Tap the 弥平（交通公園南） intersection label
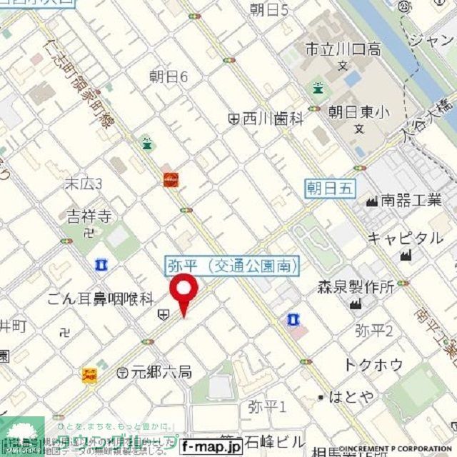[x=231, y=266]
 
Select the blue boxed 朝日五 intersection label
[x=330, y=188]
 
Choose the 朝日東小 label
[x=360, y=112]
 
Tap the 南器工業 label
[x=411, y=201]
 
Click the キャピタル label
[x=405, y=238]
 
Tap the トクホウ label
[x=373, y=364]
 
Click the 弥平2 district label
[x=374, y=330]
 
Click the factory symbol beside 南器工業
[x=371, y=201]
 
